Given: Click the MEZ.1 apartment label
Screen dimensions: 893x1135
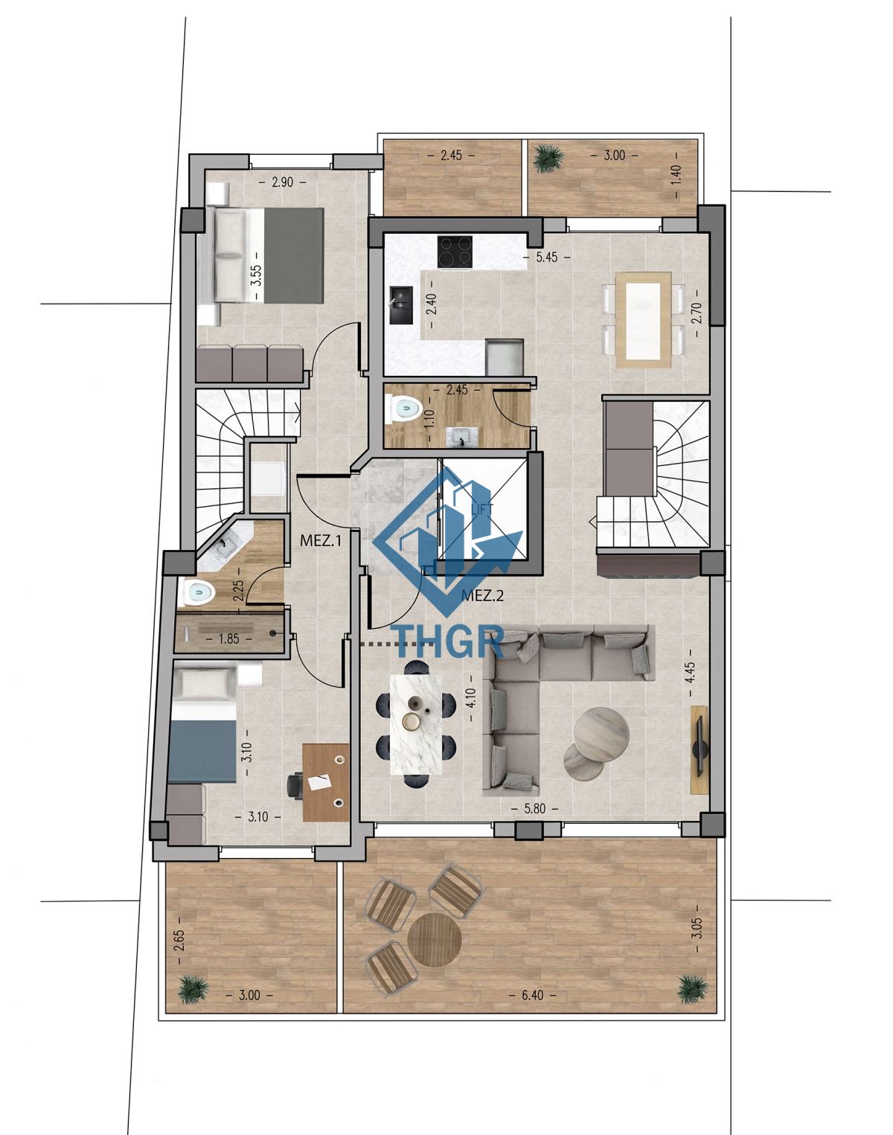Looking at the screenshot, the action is tap(321, 540).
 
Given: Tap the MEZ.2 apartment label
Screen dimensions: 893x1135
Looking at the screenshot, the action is tap(483, 596).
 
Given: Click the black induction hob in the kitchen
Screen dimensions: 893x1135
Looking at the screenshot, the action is tap(455, 252).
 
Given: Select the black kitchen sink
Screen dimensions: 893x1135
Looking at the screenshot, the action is tap(400, 305).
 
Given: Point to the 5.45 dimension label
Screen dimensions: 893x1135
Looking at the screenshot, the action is tap(547, 258).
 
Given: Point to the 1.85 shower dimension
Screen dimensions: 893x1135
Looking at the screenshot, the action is tap(229, 639).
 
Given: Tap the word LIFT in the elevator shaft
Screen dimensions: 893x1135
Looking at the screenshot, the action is tap(483, 509).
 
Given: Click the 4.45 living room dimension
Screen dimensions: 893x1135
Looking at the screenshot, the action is tap(692, 673).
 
